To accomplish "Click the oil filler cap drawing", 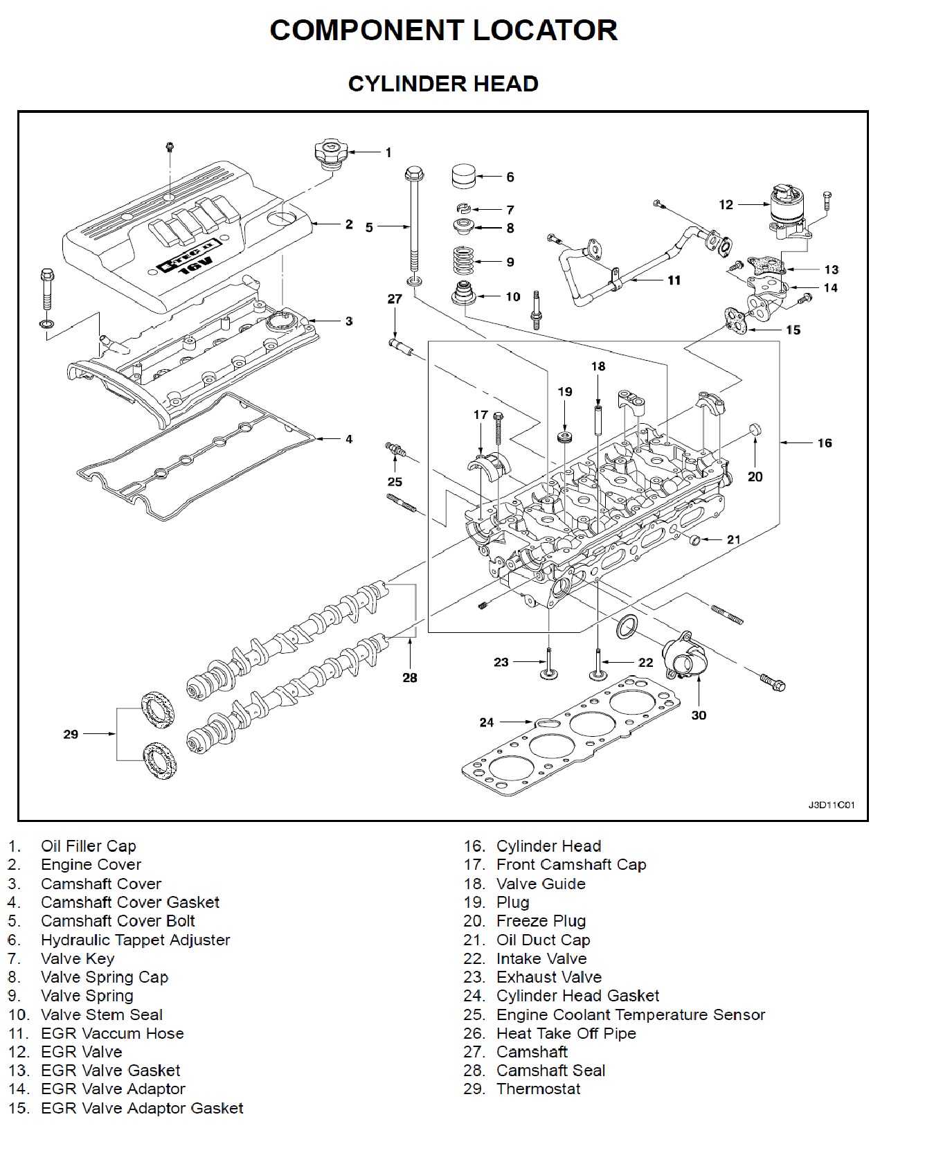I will pos(328,153).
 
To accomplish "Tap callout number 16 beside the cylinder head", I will pos(824,443).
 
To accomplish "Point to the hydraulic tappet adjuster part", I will pos(464,177).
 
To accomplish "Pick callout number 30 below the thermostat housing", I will pos(699,715).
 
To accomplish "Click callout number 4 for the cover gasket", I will pos(349,439).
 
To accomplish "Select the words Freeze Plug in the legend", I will pos(541,921).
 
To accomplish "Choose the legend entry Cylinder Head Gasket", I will pos(577,996).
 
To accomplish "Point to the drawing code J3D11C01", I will pos(832,805).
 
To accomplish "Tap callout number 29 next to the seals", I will pos(71,734).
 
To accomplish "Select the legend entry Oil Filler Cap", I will pos(88,846).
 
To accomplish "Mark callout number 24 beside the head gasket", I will pos(487,722).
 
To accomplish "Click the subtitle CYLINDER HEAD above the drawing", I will pos(443,84).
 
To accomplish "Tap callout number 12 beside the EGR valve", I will pos(726,204).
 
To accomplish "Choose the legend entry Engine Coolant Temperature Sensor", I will pos(630,1014).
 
